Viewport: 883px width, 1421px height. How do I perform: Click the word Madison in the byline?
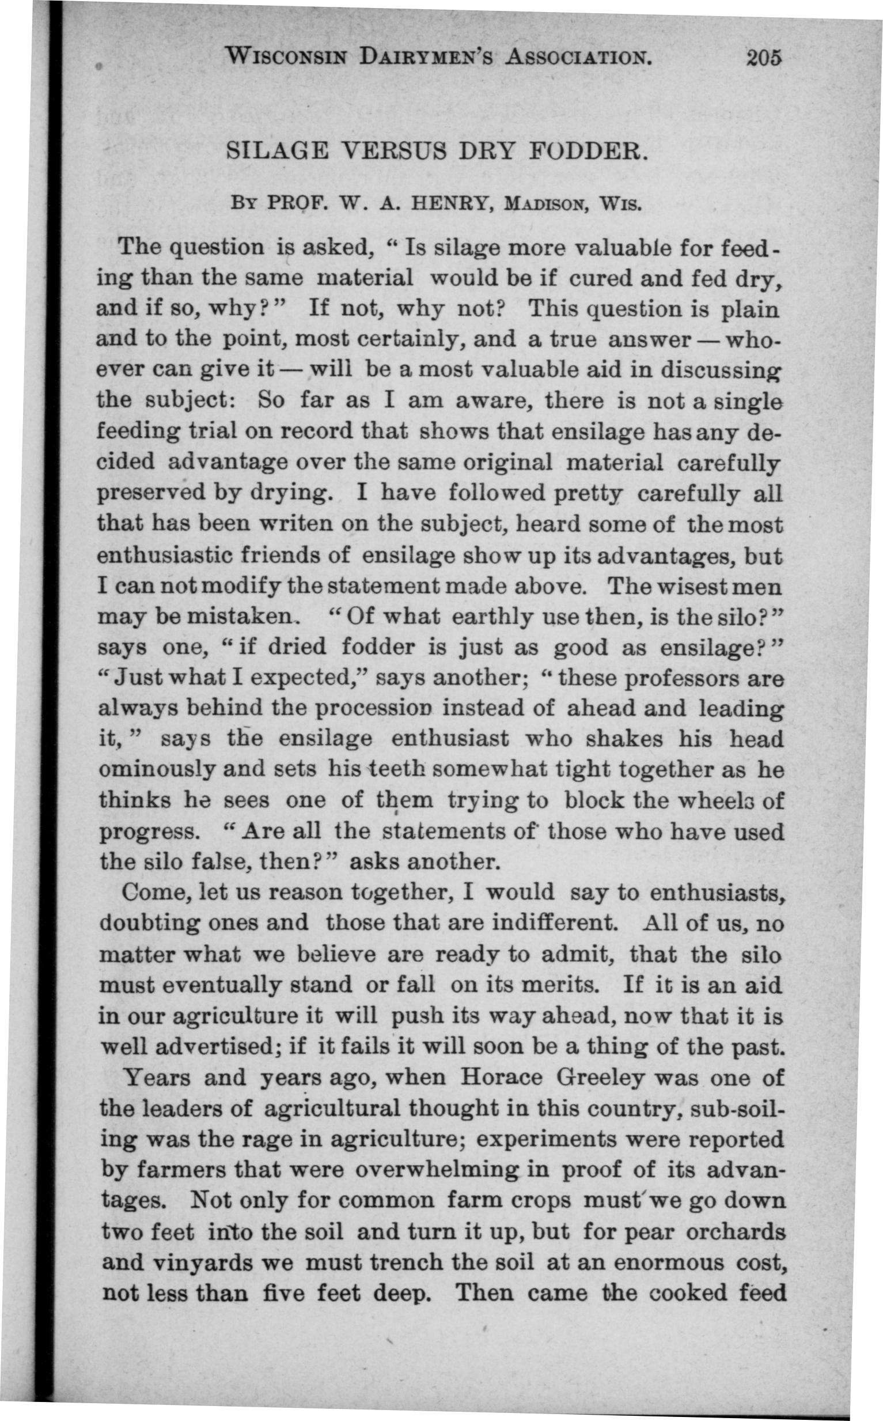[x=537, y=206]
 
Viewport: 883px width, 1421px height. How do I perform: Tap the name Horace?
[x=501, y=1078]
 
